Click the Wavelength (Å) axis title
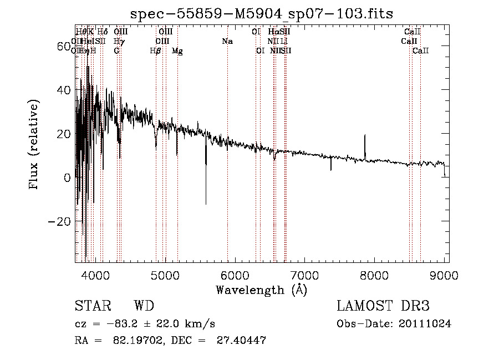point(262,290)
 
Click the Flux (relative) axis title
point(34,144)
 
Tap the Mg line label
point(177,51)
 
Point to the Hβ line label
point(156,51)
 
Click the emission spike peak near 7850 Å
point(365,135)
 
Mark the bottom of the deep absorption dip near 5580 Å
point(206,204)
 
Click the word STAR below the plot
point(92,306)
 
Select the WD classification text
point(144,306)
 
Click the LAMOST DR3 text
point(383,306)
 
